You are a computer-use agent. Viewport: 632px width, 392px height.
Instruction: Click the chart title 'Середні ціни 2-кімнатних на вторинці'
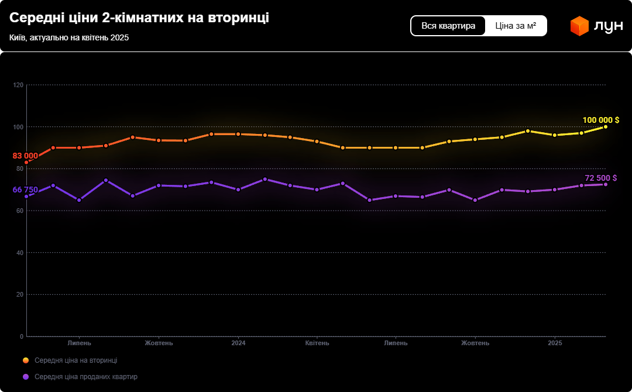[139, 18]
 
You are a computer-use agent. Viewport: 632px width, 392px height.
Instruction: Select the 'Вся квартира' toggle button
[448, 26]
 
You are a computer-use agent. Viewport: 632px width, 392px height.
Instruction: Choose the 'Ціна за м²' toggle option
[516, 26]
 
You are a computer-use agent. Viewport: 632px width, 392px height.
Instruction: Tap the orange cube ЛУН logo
[579, 26]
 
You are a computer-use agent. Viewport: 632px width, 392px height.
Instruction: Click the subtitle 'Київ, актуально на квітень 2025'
[69, 37]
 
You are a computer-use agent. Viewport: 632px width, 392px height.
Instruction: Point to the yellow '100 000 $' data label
[600, 120]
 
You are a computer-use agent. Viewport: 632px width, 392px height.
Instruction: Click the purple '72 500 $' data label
[600, 178]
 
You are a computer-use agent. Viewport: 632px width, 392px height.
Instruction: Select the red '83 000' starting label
[25, 156]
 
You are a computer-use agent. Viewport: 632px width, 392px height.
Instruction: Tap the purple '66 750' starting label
[25, 190]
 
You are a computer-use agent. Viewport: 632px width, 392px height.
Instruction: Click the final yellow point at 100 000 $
[606, 127]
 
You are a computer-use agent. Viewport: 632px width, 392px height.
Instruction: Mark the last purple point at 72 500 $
[606, 184]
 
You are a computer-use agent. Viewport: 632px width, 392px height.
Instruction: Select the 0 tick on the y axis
[22, 336]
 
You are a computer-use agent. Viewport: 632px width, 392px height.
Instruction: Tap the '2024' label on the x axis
[238, 343]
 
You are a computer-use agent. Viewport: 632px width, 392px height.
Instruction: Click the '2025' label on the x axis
[555, 343]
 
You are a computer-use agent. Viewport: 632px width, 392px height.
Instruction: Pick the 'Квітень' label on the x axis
[317, 343]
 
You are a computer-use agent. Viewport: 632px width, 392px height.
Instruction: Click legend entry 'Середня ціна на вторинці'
[75, 360]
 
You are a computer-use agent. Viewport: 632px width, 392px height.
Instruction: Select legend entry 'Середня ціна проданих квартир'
[86, 377]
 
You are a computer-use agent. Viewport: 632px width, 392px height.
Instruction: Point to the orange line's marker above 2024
[238, 134]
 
